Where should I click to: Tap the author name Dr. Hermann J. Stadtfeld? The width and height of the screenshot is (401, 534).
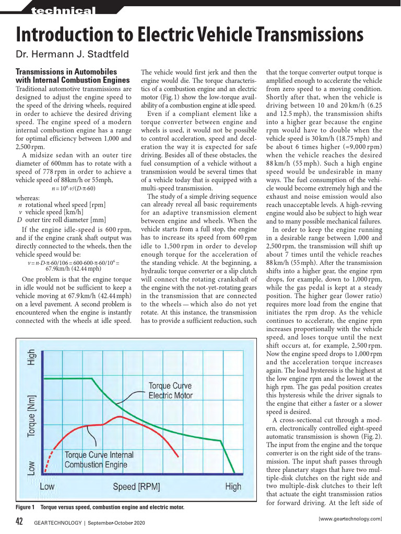tap(72, 54)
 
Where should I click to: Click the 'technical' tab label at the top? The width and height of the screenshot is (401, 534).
tap(63, 11)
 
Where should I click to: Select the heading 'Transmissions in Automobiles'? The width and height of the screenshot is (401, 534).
tap(66, 71)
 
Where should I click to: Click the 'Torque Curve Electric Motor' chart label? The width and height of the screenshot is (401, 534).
tap(170, 391)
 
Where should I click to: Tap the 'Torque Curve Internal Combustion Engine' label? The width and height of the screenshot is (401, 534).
tap(99, 459)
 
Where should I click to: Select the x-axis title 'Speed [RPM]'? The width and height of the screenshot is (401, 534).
tap(136, 487)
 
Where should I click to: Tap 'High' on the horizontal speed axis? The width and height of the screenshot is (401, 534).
tap(233, 487)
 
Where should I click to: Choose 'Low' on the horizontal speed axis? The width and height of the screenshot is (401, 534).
tap(47, 487)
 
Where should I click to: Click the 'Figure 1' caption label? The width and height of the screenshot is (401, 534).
tap(25, 507)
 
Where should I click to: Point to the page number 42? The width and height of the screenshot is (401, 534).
tap(20, 521)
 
